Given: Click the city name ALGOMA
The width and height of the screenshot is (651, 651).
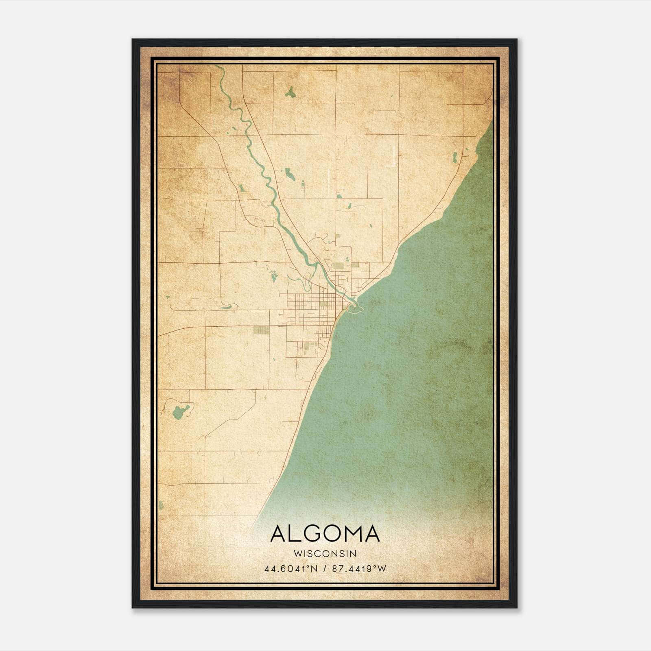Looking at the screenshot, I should (325, 533).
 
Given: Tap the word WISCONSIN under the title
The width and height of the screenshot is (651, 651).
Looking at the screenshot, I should (325, 554).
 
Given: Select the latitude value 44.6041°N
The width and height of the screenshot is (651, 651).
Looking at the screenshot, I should (291, 569).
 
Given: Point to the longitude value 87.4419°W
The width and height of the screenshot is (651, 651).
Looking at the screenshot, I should (359, 569).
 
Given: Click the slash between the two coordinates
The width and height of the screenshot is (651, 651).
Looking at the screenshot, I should (325, 569).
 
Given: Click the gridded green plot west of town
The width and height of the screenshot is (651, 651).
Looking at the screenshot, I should (261, 330).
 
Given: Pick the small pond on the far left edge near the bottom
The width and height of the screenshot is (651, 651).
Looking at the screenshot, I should (161, 506).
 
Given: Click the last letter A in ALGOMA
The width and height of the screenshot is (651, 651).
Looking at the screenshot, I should (372, 533).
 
